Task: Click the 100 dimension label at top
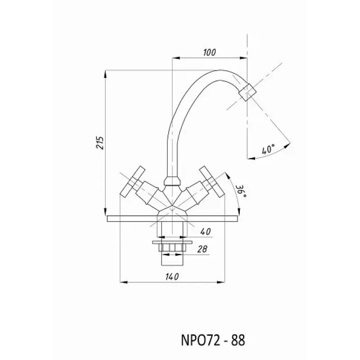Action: tap(209, 52)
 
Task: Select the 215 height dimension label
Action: tap(100, 143)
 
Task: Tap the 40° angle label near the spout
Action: tap(268, 149)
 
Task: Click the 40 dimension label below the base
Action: tap(205, 231)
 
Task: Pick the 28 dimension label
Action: tap(202, 249)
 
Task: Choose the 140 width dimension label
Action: tap(172, 277)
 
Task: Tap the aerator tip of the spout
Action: tap(247, 92)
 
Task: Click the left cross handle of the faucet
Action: tap(132, 181)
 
